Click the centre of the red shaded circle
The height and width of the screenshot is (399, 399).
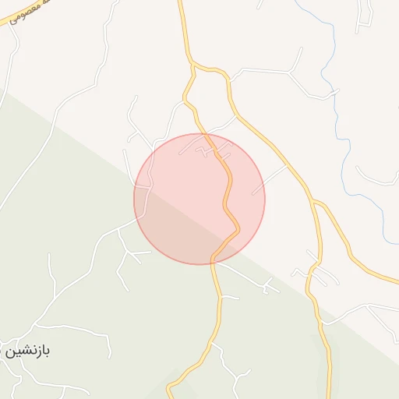click(x=199, y=199)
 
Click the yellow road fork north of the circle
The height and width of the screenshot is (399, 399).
click(x=192, y=69)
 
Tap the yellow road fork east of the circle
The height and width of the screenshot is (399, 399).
click(x=314, y=202)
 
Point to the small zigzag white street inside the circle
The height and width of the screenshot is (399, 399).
click(x=207, y=150)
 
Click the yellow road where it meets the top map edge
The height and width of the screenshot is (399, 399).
click(x=180, y=3)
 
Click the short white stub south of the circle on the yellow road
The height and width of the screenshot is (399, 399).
click(x=231, y=297)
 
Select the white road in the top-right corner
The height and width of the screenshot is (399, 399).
click(x=363, y=16)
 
